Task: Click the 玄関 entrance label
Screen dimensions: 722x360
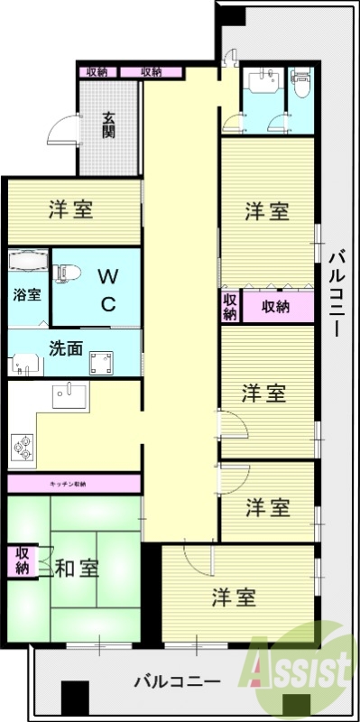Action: [x=108, y=124]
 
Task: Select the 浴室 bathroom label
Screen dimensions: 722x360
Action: [x=26, y=294]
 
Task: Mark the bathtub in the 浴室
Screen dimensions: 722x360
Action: [x=27, y=263]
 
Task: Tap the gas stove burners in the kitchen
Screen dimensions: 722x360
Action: [x=23, y=445]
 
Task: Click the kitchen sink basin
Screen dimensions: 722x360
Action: [x=69, y=394]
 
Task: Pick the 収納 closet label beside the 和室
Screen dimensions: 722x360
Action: [x=21, y=560]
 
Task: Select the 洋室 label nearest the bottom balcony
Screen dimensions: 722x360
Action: [x=235, y=597]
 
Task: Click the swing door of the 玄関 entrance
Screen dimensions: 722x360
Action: [x=60, y=133]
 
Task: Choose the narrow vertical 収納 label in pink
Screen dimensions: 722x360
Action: [x=229, y=307]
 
